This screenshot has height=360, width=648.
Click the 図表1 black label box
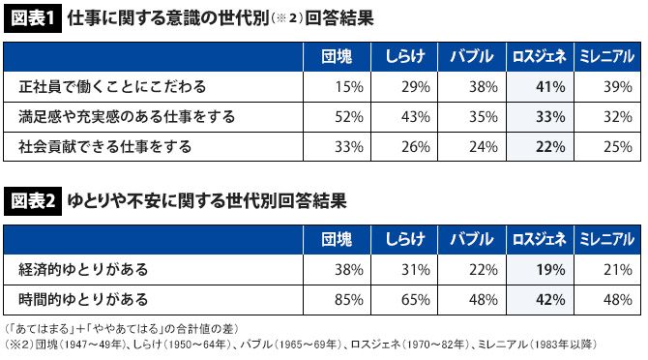pyautogui.click(x=33, y=18)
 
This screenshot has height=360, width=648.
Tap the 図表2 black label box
pyautogui.click(x=33, y=201)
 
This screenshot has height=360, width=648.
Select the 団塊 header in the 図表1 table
pyautogui.click(x=337, y=57)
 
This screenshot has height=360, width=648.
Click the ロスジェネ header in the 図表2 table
pyautogui.click(x=540, y=240)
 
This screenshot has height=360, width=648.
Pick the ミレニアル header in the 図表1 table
pyautogui.click(x=606, y=57)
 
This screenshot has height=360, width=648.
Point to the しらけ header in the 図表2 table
pyautogui.click(x=404, y=240)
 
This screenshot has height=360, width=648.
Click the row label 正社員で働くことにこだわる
pyautogui.click(x=112, y=87)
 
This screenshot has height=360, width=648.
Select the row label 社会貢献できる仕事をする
pyautogui.click(x=105, y=147)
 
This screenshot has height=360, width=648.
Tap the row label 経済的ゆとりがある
pyautogui.click(x=83, y=270)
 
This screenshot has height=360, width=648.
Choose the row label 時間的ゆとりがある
pyautogui.click(x=83, y=300)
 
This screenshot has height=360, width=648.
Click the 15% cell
pyautogui.click(x=349, y=87)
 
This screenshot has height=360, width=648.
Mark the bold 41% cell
pyautogui.click(x=550, y=87)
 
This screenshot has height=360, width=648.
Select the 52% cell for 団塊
pyautogui.click(x=349, y=117)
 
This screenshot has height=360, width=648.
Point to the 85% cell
pyautogui.click(x=349, y=300)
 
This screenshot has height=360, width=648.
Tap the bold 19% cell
pyautogui.click(x=550, y=270)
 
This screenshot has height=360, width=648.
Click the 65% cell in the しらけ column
pyautogui.click(x=416, y=300)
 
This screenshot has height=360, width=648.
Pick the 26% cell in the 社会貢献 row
pyautogui.click(x=416, y=147)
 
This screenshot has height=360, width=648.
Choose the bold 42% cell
pyautogui.click(x=550, y=300)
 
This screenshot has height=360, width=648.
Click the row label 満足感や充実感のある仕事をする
pyautogui.click(x=127, y=117)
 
